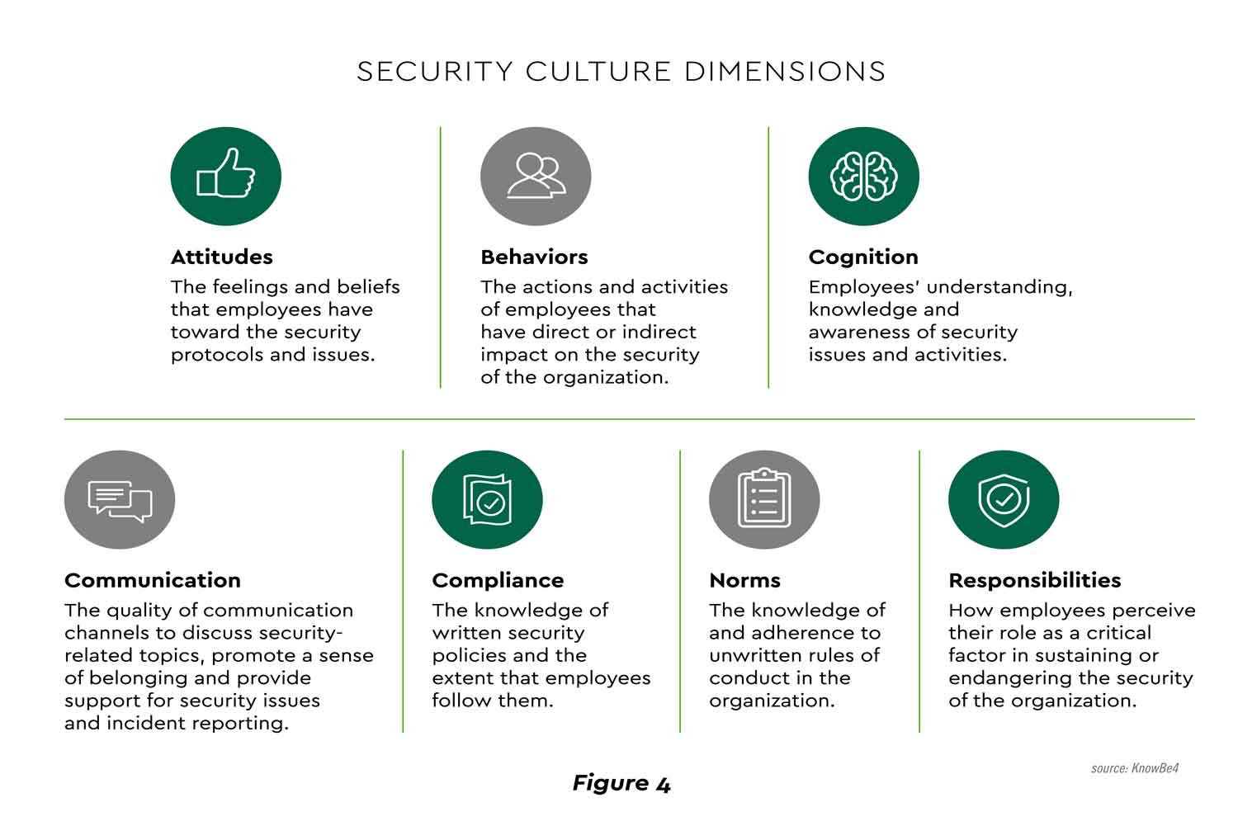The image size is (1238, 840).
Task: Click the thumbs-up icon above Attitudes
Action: [225, 176]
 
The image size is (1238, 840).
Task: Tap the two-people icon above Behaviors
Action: [536, 176]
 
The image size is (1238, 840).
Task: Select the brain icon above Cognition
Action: [863, 176]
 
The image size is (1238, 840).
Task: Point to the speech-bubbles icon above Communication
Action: [120, 499]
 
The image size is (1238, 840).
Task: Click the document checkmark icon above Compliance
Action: [487, 499]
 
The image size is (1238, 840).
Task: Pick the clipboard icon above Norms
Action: [763, 499]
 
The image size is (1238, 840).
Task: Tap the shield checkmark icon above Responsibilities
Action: [1004, 499]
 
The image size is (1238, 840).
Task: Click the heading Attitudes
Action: [221, 257]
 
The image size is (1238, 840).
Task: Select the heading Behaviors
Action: [534, 257]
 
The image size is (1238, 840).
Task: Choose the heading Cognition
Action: [863, 257]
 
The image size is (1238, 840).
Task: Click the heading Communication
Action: [153, 580]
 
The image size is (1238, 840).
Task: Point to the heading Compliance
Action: [498, 580]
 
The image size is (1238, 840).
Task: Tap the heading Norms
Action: [744, 580]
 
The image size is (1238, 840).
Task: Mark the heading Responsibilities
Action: [1034, 580]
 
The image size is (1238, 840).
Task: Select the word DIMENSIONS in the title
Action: [785, 72]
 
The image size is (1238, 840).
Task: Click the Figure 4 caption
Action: [621, 783]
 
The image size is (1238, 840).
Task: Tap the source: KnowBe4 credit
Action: [1134, 768]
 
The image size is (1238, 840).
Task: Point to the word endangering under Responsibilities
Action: [1009, 678]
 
